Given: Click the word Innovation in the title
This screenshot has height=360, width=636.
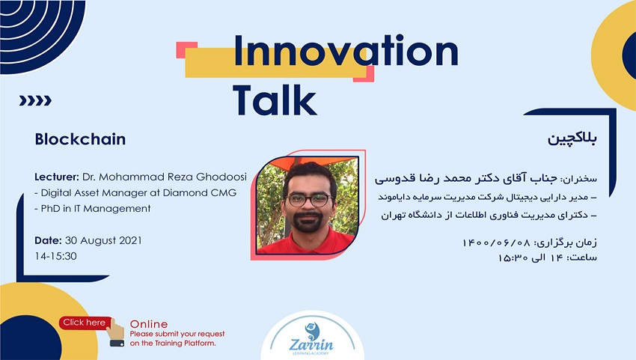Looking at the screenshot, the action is (x=346, y=51).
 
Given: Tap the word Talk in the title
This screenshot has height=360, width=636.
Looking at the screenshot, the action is (x=275, y=100).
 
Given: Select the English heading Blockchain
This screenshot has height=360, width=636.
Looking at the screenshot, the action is (x=80, y=139).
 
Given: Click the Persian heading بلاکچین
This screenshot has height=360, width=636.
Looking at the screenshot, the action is (x=572, y=138).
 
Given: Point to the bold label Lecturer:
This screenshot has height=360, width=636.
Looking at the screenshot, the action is (x=57, y=177).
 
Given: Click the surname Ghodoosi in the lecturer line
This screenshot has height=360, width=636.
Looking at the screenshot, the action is (x=221, y=177).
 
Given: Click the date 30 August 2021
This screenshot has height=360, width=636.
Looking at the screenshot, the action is (x=103, y=240).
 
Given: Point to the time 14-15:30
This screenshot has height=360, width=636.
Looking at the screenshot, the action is (x=55, y=256).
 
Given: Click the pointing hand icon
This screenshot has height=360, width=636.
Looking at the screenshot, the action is (x=116, y=332).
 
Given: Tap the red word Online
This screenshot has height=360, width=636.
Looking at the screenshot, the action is (x=149, y=324).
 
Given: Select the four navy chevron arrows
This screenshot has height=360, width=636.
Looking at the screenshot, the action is (x=35, y=100).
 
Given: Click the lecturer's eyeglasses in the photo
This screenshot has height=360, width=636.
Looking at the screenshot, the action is (x=309, y=200).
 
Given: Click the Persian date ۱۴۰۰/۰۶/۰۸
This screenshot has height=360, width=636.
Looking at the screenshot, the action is (x=497, y=242).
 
